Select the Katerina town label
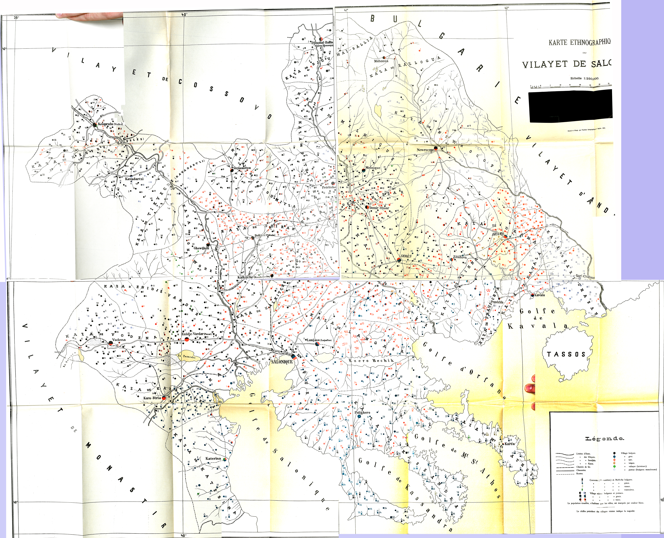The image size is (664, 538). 213,458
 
